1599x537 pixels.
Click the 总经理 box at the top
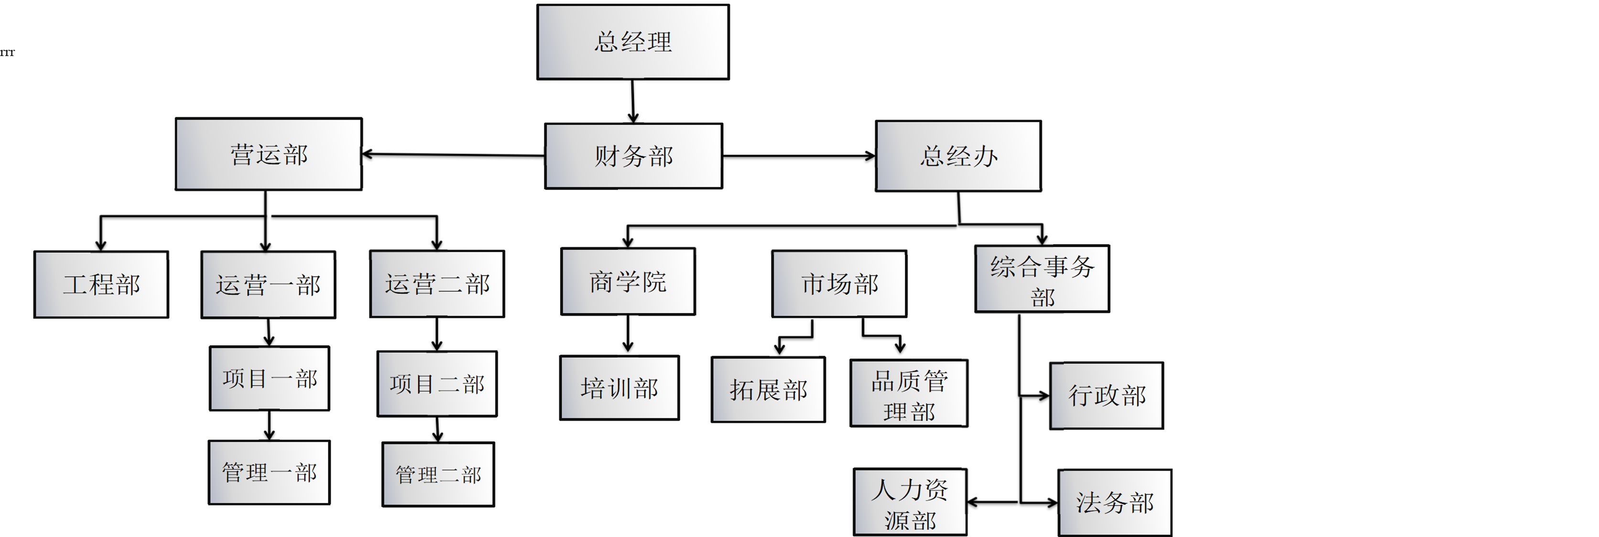632,42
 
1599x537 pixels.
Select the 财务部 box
633,156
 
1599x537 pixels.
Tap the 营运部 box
268,154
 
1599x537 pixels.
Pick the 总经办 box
958,156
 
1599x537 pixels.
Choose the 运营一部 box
268,285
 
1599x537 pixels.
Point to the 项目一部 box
270,378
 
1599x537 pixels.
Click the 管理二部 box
438,474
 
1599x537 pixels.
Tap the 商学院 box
628,281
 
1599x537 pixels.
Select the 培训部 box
619,388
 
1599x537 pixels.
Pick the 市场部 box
839,284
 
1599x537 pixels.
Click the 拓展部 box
768,390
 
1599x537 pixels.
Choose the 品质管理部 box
909,394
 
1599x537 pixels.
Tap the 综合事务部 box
1042,279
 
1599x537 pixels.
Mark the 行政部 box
1106,395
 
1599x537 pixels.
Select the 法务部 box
1114,502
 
